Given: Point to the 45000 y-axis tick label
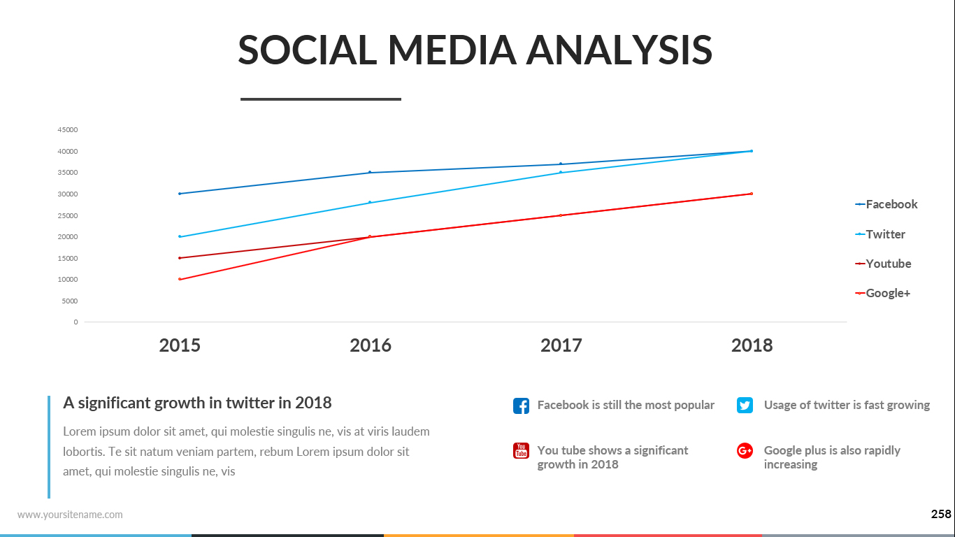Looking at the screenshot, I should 68,130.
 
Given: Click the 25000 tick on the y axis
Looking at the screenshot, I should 68,215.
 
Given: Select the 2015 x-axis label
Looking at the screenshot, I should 180,345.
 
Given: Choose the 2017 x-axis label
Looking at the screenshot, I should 561,345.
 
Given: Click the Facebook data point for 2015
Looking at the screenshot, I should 180,194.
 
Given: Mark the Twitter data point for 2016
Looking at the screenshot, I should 370,203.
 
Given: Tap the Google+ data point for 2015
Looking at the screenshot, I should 180,280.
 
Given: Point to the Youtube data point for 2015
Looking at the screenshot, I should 180,258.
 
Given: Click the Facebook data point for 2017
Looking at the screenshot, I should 561,164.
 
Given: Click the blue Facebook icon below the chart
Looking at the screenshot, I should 521,406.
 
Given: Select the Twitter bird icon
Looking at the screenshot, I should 745,405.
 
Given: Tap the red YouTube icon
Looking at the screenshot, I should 521,451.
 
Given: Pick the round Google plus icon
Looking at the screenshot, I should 745,451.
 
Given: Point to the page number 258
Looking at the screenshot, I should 941,515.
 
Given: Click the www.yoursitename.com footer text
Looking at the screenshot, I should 70,515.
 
